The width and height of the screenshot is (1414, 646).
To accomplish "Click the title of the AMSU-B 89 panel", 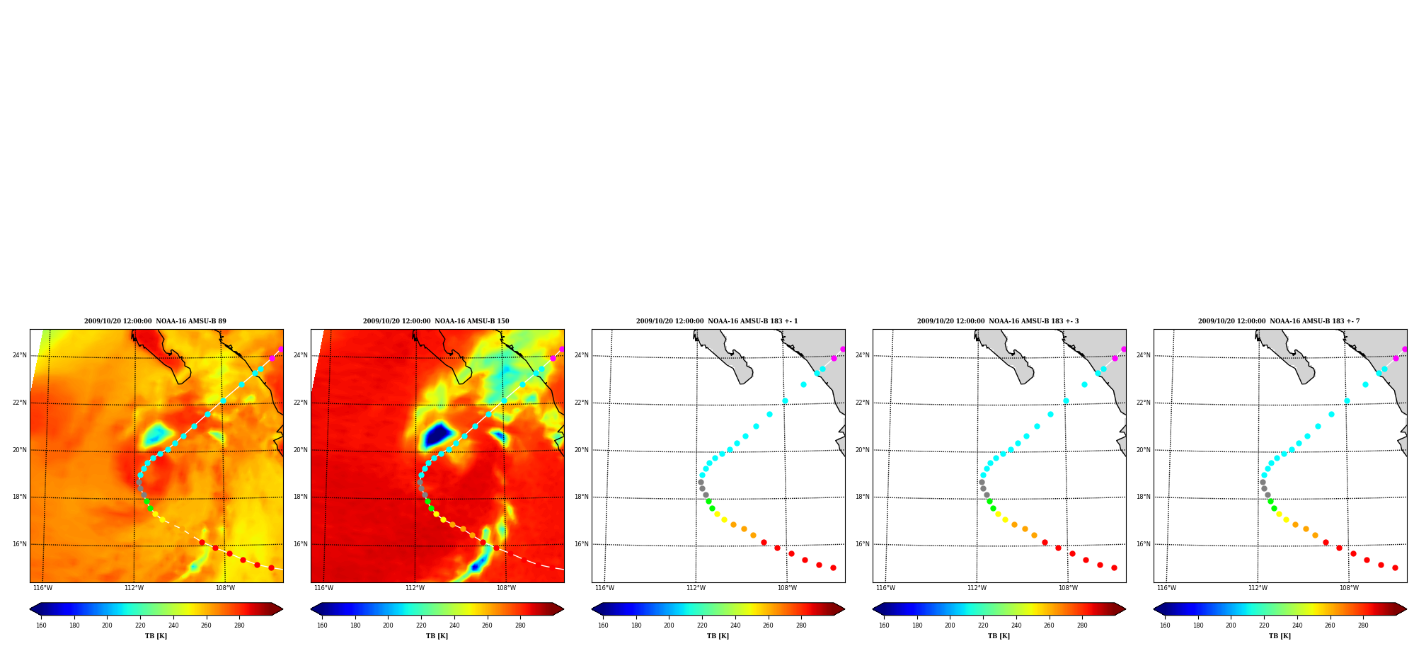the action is click(x=155, y=321).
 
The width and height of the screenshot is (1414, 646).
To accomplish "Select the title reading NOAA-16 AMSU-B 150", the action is click(x=436, y=321).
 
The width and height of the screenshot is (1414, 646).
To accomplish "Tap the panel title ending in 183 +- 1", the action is click(x=717, y=321).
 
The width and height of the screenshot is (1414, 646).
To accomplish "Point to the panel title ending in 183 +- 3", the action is click(x=998, y=321).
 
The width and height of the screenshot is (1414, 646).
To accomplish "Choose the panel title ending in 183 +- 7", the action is click(x=1279, y=321).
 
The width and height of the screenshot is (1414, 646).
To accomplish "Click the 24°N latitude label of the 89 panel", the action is click(x=20, y=355).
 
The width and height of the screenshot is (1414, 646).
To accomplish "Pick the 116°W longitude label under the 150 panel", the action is click(x=323, y=588).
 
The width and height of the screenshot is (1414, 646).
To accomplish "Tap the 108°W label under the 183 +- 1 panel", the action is click(x=787, y=588).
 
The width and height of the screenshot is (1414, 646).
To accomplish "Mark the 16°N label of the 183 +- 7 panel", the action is click(x=1144, y=544).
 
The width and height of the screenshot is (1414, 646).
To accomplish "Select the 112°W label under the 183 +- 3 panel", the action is click(x=977, y=588).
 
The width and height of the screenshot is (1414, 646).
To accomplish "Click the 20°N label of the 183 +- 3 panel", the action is click(x=863, y=450).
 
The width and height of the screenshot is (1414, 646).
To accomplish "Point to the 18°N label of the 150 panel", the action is click(x=301, y=497).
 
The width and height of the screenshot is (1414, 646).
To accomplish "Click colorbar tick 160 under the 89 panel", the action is click(x=41, y=625).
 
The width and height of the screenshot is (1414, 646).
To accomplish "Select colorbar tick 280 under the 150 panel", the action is click(x=520, y=625).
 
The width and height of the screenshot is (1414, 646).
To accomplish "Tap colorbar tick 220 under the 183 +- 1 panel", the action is click(x=702, y=625).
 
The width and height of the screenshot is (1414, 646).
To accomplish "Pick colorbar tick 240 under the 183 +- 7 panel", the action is click(x=1297, y=625).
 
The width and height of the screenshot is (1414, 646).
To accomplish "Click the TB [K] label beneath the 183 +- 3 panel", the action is click(x=999, y=636).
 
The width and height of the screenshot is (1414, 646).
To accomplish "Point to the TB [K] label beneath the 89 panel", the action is click(x=156, y=636).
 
